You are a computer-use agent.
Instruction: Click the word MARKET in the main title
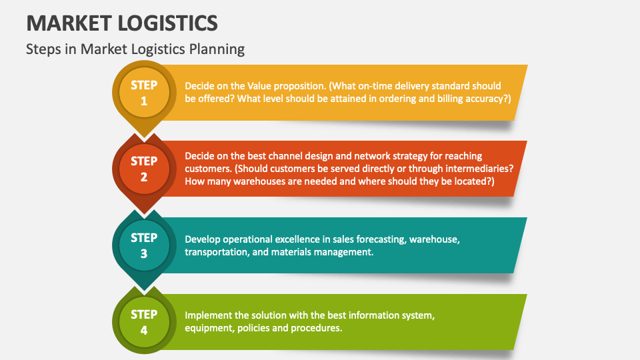[x=69, y=23]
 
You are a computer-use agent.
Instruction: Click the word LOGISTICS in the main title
[x=168, y=23]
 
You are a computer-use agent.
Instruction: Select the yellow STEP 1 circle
[x=144, y=93]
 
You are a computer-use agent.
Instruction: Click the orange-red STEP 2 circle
[x=144, y=169]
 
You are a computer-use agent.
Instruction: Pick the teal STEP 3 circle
[x=144, y=246]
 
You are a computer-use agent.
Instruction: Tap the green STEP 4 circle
[x=144, y=323]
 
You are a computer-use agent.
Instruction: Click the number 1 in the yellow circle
[x=144, y=101]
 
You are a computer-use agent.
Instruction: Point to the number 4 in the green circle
[x=144, y=331]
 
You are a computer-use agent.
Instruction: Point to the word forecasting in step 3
[x=378, y=239]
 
